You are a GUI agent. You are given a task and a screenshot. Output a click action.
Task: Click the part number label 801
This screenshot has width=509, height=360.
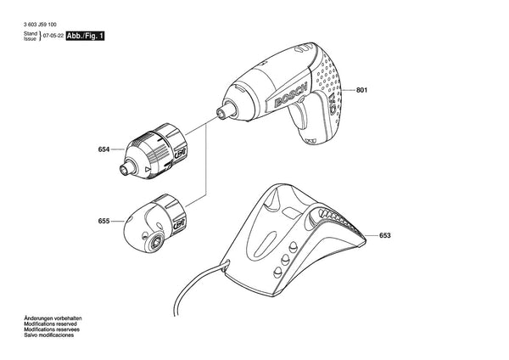coord(361,90)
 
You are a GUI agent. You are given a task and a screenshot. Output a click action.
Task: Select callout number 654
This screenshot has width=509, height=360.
coord(103,149)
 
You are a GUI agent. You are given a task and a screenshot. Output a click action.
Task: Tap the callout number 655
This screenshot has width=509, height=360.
coord(103,221)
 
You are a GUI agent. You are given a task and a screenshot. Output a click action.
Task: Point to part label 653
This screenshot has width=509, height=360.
coord(384,235)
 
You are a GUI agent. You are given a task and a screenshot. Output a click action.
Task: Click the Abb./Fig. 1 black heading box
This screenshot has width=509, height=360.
coord(85,36)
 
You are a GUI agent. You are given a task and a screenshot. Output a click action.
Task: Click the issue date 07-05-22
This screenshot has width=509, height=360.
coord(53,36)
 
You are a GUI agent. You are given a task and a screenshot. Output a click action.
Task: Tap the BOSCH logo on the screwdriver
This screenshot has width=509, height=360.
coord(290,96)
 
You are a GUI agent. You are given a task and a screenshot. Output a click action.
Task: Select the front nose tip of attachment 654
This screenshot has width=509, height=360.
coord(125,170)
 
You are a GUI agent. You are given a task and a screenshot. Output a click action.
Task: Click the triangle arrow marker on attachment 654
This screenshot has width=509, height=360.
coord(148,169)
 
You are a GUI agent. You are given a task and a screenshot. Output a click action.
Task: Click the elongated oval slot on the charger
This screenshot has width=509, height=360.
coord(266,243)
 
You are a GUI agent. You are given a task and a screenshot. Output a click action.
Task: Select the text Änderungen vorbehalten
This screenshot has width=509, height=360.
coord(53,318)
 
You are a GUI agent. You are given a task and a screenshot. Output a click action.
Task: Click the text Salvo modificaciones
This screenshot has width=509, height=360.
coord(48,335)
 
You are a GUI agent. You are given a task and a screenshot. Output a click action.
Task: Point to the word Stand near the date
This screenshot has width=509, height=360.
coord(31,33)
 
